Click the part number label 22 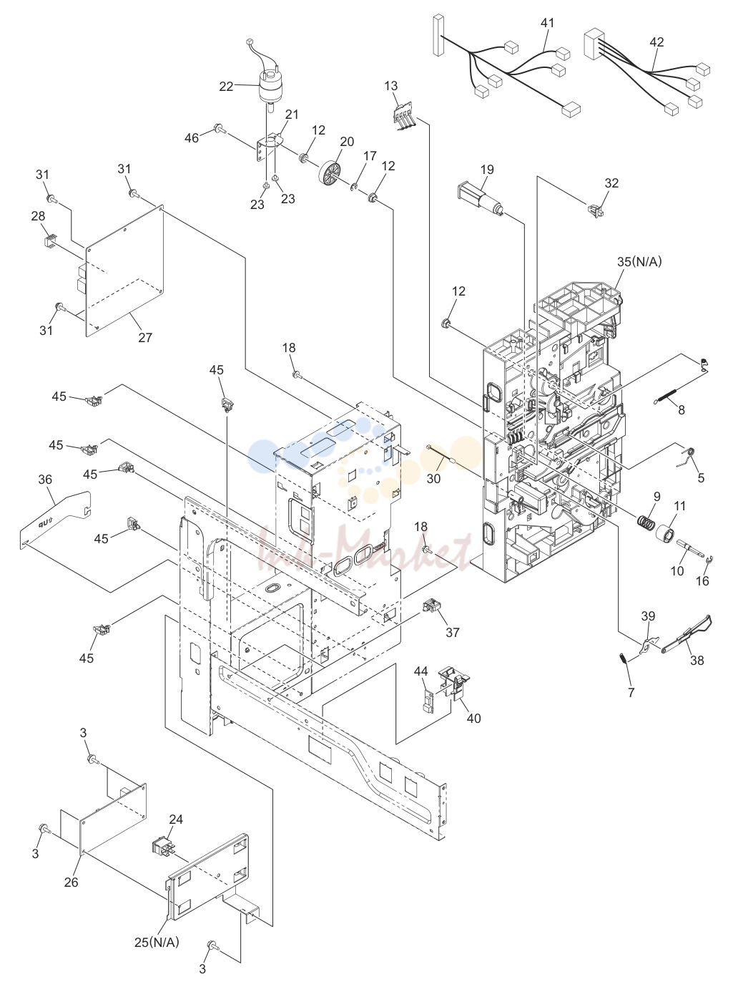(x=226, y=87)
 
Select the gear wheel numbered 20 (x=330, y=171)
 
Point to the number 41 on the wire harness (x=548, y=23)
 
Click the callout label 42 (x=656, y=42)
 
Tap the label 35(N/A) (x=639, y=262)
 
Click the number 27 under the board (x=145, y=338)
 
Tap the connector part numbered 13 (x=404, y=119)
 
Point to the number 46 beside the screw (x=192, y=138)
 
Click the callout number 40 (x=473, y=718)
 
